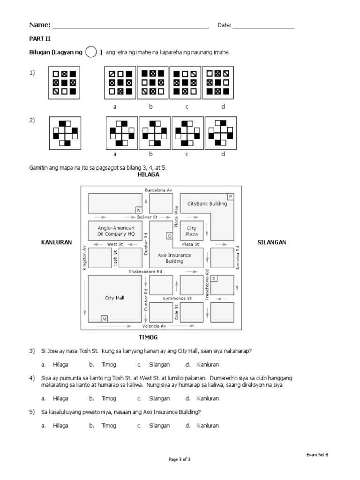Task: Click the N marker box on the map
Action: coord(139,210)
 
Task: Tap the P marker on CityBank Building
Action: coord(230,196)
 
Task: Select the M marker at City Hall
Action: coord(104,319)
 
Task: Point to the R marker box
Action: coord(214,278)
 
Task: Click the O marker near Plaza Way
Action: coord(169,236)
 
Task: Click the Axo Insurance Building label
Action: coord(174,258)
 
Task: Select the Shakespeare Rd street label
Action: coord(146,271)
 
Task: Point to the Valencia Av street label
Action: coord(154,326)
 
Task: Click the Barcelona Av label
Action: coord(159,190)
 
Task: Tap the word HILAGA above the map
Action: coord(149,174)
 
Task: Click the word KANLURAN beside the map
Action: coord(56,242)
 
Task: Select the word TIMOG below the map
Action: coord(148,337)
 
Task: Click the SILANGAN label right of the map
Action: coord(272,242)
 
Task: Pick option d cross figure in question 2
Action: coord(220,133)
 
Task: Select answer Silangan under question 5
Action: coord(159,426)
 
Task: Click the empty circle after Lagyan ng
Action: coord(91,52)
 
